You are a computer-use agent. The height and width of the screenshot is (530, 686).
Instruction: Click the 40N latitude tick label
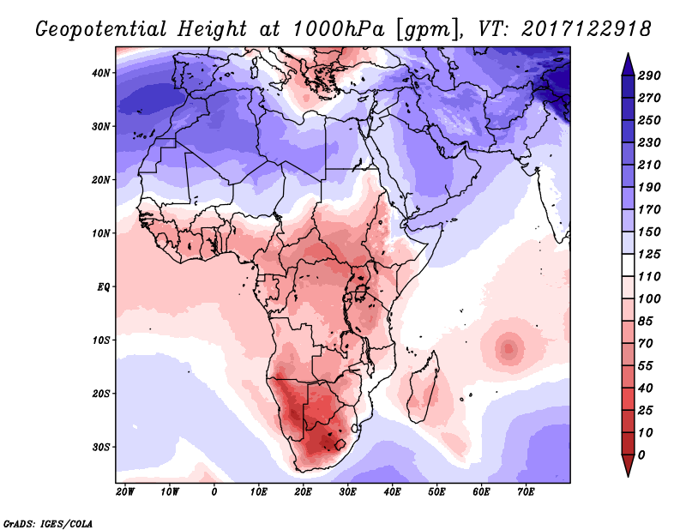click(x=101, y=73)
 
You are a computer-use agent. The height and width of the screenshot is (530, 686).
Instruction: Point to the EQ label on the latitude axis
click(x=103, y=286)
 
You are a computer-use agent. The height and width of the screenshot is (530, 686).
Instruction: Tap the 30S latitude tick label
click(x=101, y=447)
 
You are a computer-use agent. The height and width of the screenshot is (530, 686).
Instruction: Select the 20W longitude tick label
click(x=125, y=492)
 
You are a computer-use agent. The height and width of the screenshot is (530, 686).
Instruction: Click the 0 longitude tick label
click(x=214, y=492)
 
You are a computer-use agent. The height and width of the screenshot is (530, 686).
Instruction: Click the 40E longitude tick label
click(x=392, y=492)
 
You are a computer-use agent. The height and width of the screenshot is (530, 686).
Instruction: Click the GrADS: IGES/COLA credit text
click(x=47, y=522)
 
